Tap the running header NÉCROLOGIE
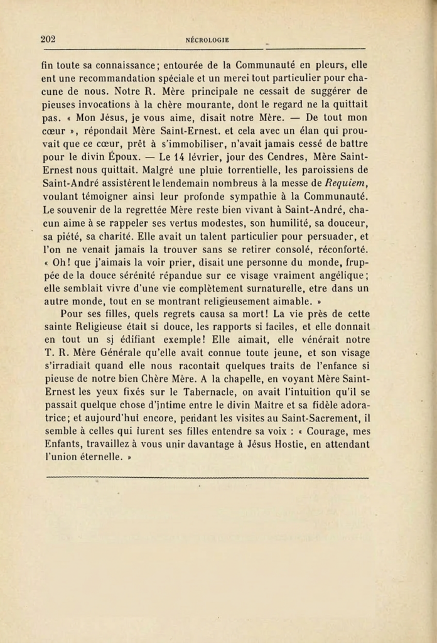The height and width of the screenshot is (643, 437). [207, 40]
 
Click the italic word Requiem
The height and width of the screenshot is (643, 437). [348, 183]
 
